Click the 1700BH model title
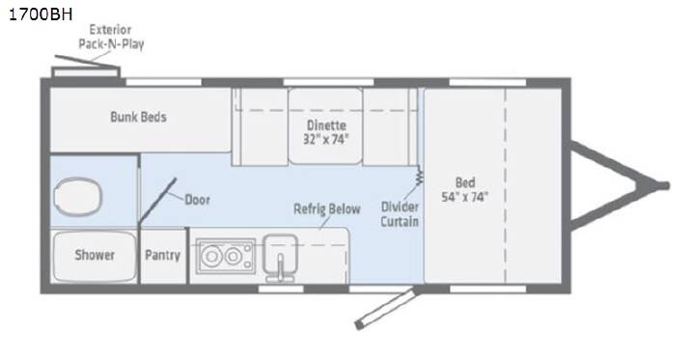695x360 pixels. pyautogui.click(x=41, y=14)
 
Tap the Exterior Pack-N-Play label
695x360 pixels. pyautogui.click(x=111, y=37)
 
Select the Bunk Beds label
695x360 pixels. pyautogui.click(x=138, y=117)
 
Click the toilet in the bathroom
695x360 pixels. pyautogui.click(x=77, y=196)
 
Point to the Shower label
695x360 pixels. pyautogui.click(x=95, y=255)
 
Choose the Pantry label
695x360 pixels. pyautogui.click(x=163, y=256)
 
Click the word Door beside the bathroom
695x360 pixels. pyautogui.click(x=197, y=200)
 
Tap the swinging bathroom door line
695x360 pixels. pyautogui.click(x=157, y=201)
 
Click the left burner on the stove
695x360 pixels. pyautogui.click(x=212, y=256)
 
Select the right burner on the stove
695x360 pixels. pyautogui.click(x=233, y=256)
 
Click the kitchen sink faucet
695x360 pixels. pyautogui.click(x=280, y=267)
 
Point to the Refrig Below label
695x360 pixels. pyautogui.click(x=327, y=209)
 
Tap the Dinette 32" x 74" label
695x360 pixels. pyautogui.click(x=326, y=132)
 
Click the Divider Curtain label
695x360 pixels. pyautogui.click(x=400, y=214)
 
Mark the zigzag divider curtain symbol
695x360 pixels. pyautogui.click(x=419, y=177)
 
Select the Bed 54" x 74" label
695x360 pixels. pyautogui.click(x=465, y=190)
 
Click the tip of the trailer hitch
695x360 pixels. pyautogui.click(x=665, y=185)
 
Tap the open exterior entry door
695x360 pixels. pyautogui.click(x=385, y=308)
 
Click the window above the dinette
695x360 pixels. pyautogui.click(x=328, y=82)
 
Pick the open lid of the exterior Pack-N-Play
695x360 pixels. pyautogui.click(x=87, y=62)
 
